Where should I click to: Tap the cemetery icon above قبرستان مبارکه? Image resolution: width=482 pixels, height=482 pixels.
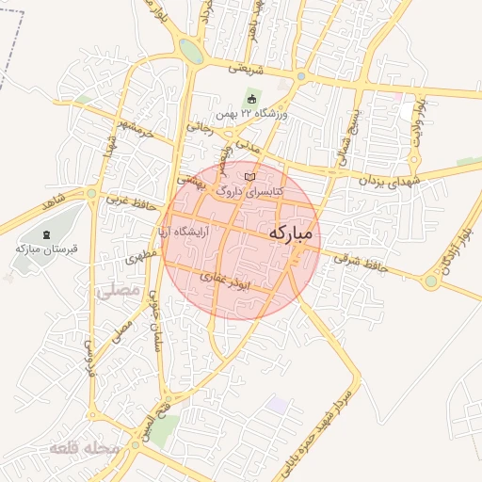[x=47, y=233]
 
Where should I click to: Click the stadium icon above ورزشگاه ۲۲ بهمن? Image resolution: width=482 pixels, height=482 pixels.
[x=250, y=99]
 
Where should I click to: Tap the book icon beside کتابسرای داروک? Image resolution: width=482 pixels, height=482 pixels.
[x=249, y=176]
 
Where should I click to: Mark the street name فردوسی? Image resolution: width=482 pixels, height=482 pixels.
[x=91, y=357]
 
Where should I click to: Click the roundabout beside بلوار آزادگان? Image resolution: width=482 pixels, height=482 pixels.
[x=431, y=281]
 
